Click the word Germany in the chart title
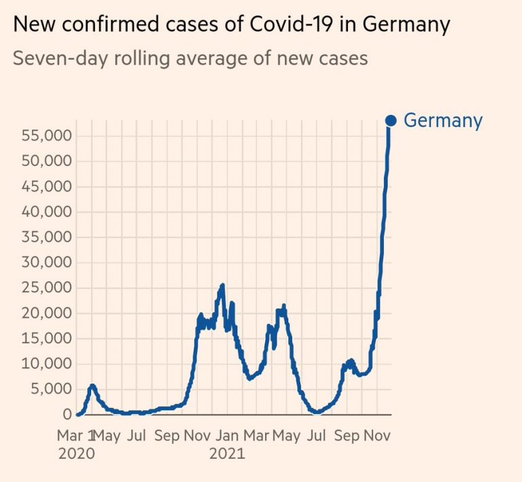pos(406,25)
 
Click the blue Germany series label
pos(442,120)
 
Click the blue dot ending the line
pos(391,120)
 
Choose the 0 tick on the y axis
pos(67,414)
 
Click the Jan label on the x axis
pos(227,435)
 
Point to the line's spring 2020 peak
pos(92,386)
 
